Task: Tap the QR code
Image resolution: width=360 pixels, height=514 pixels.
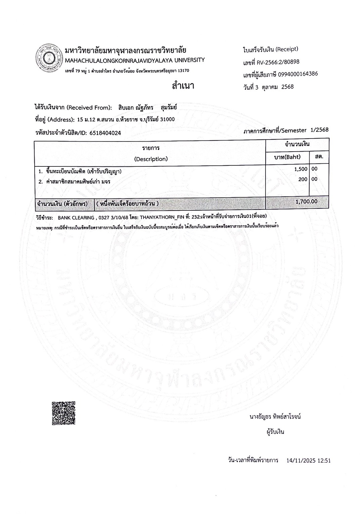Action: click(x=64, y=413)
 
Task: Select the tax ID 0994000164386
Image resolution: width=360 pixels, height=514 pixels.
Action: click(x=298, y=74)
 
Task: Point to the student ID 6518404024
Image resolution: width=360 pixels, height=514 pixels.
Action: click(x=105, y=133)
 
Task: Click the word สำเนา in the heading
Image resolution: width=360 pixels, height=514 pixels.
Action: click(x=183, y=86)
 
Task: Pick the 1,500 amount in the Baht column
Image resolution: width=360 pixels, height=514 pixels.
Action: click(x=301, y=169)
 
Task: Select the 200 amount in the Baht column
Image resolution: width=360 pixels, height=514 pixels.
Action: click(x=303, y=179)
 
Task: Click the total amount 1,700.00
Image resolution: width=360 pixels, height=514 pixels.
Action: click(x=306, y=201)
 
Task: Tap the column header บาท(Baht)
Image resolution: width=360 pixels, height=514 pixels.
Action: click(x=288, y=157)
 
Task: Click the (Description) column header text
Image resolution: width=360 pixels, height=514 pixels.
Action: click(x=151, y=159)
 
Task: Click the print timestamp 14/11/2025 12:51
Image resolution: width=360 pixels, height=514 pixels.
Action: click(x=309, y=461)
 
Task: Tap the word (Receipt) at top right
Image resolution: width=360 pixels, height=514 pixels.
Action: click(x=287, y=49)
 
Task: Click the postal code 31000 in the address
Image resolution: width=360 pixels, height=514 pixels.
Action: click(x=168, y=119)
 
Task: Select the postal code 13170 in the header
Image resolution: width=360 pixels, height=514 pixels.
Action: click(x=183, y=71)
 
